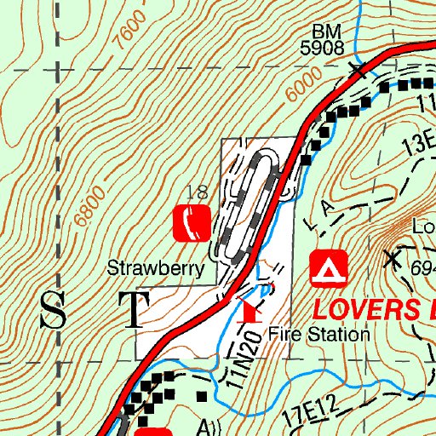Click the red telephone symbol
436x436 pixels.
(x=192, y=222)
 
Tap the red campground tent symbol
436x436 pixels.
(x=329, y=269)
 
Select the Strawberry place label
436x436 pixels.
(x=156, y=269)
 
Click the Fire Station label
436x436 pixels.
(x=318, y=335)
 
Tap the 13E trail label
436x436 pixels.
(x=418, y=143)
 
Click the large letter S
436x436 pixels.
(x=54, y=310)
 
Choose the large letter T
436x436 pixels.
(x=136, y=310)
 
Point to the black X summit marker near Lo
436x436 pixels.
(x=393, y=256)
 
